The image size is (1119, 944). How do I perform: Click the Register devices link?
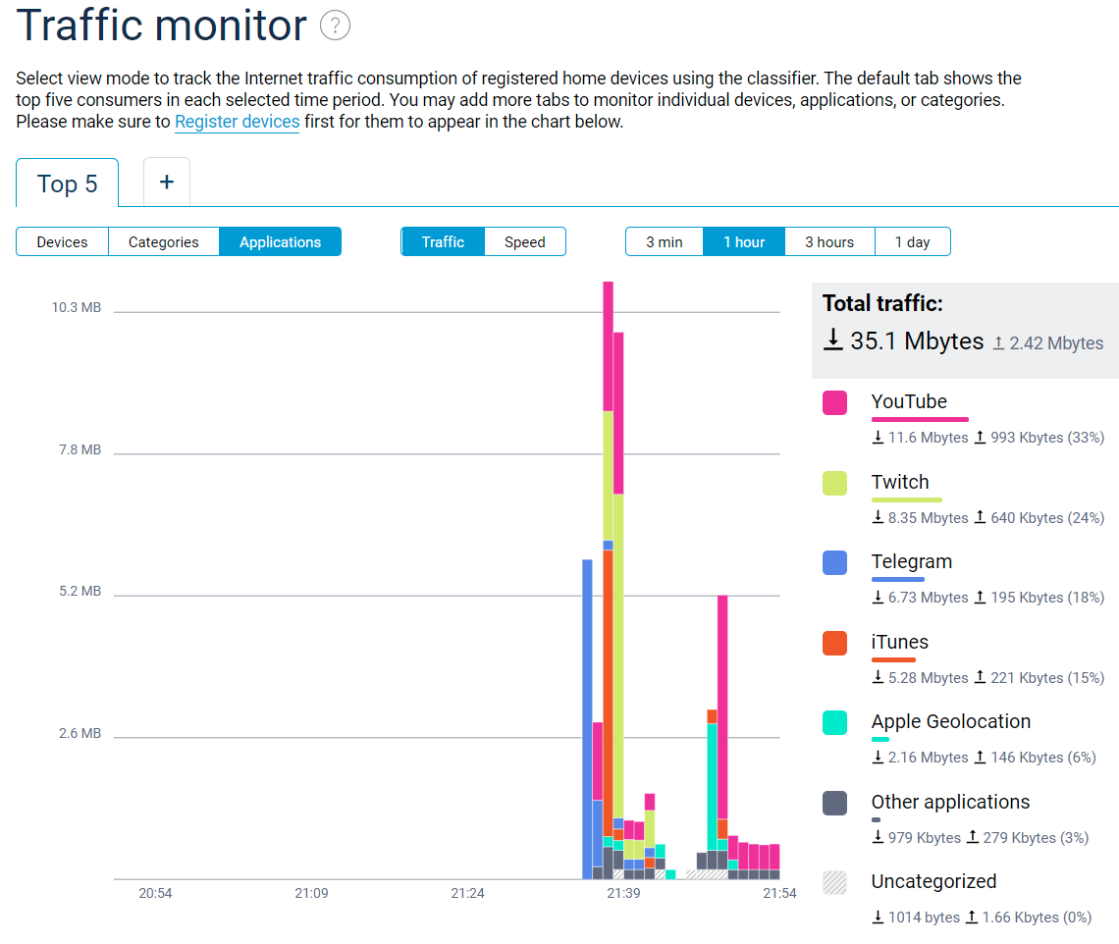tap(237, 122)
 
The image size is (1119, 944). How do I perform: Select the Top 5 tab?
tap(68, 184)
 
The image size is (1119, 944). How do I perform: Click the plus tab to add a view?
tap(167, 183)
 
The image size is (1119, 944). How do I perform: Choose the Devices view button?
tap(62, 241)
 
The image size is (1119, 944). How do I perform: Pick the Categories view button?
tap(163, 241)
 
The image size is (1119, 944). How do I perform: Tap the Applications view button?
tap(280, 241)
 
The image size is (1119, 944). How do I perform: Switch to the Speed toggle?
tap(524, 241)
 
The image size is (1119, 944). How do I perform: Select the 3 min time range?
tap(665, 241)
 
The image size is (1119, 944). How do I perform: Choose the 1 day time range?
tap(912, 241)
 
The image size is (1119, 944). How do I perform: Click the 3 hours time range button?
tap(829, 241)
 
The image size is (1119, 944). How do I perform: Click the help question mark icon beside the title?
tap(336, 26)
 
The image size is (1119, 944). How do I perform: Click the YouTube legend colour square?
tap(835, 402)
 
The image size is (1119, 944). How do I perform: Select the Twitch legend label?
tap(899, 482)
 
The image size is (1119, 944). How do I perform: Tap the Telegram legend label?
tap(911, 561)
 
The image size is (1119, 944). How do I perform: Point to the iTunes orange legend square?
tap(835, 643)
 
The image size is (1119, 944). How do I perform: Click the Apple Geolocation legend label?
tap(950, 721)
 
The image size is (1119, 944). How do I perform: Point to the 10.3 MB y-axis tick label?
tap(77, 307)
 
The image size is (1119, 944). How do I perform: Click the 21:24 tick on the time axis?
tap(467, 893)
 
